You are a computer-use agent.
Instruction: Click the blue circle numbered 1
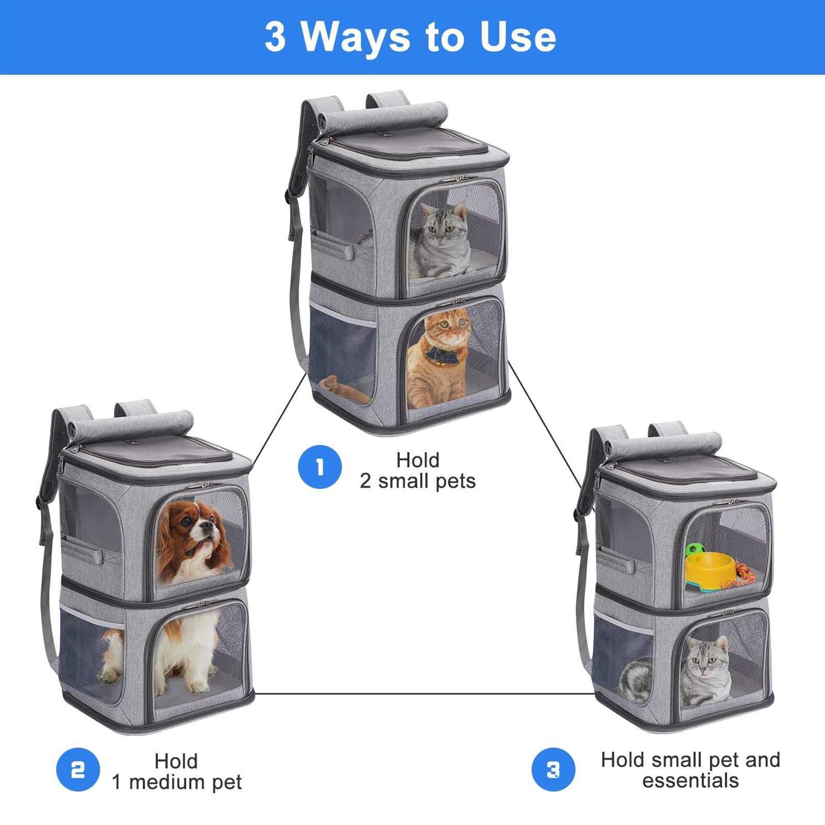[x=320, y=467]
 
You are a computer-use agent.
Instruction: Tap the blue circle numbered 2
[x=78, y=769]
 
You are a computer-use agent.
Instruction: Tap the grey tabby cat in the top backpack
[x=437, y=240]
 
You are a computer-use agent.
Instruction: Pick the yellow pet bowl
[x=711, y=570]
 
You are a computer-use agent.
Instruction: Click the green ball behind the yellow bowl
[x=694, y=550]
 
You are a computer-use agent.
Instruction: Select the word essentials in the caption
[x=690, y=780]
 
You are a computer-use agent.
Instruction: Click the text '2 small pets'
[x=417, y=481]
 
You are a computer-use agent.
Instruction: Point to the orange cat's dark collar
[x=442, y=354]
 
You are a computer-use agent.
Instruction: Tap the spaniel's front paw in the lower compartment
[x=197, y=685]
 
